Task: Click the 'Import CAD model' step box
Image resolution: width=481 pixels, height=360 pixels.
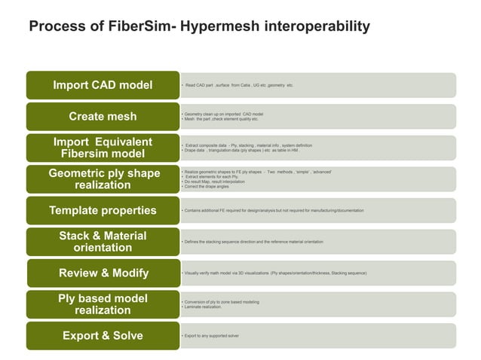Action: (103, 84)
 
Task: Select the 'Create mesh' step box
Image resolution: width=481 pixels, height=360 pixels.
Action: (103, 116)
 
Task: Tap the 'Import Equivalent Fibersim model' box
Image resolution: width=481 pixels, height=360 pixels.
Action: (103, 148)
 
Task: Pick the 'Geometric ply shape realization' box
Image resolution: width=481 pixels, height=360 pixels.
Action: (103, 178)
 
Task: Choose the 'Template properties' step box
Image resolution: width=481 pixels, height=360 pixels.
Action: (103, 210)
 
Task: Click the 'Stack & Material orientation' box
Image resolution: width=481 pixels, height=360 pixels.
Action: (103, 241)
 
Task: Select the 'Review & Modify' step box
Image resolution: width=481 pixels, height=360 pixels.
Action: (103, 273)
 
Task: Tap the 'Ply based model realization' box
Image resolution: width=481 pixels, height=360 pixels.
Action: (103, 304)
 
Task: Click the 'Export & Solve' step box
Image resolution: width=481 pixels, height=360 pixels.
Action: (103, 335)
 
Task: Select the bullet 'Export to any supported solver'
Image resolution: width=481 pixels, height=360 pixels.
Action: (211, 335)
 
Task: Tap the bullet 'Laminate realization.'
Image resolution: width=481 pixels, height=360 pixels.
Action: (203, 307)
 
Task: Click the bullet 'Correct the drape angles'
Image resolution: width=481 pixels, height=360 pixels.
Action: (207, 186)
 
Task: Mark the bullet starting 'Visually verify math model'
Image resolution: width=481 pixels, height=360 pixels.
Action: (274, 273)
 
